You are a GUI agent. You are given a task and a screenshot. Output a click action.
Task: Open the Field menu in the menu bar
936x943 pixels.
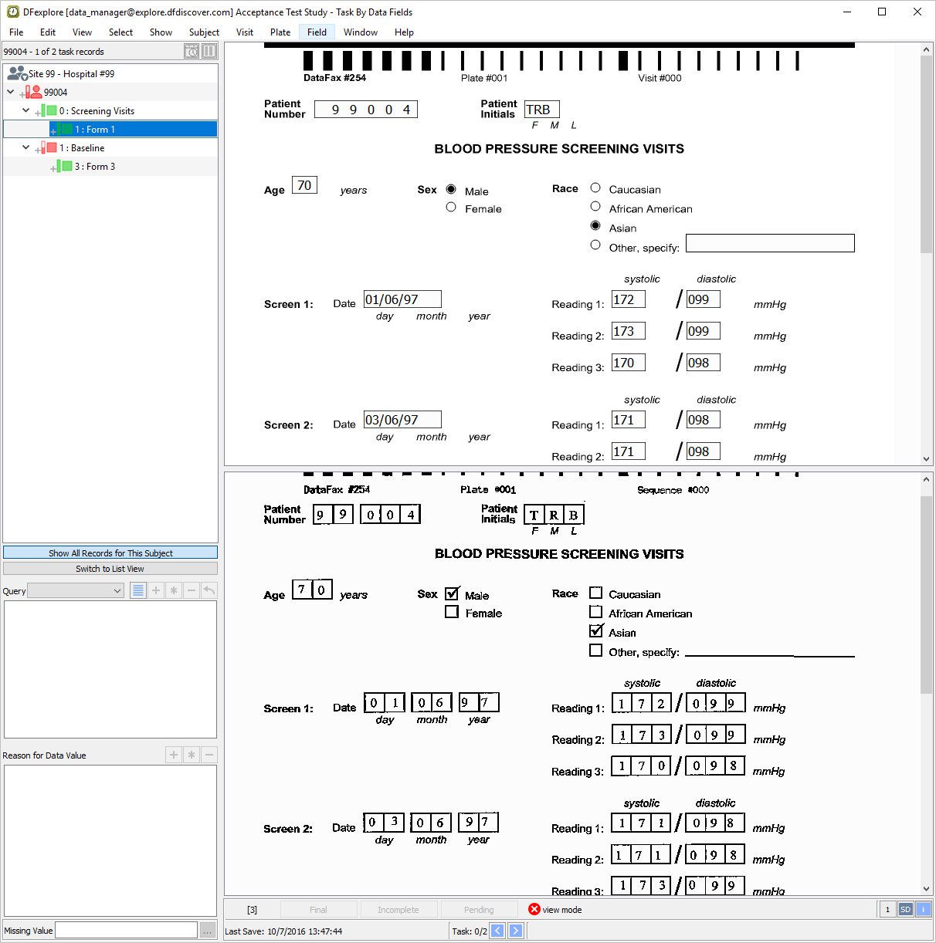pyautogui.click(x=317, y=32)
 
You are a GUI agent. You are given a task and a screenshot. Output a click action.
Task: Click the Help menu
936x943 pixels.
pyautogui.click(x=404, y=32)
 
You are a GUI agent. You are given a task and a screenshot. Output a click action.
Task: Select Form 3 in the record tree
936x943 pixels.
pyautogui.click(x=94, y=167)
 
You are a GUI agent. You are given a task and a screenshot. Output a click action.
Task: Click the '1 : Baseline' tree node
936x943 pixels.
pyautogui.click(x=81, y=148)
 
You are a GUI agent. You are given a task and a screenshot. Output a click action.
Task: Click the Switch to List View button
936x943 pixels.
pyautogui.click(x=110, y=569)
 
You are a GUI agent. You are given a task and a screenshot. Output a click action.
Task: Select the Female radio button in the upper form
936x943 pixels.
pyautogui.click(x=450, y=208)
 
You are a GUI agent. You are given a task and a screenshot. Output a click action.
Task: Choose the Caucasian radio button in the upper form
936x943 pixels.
pyautogui.click(x=595, y=188)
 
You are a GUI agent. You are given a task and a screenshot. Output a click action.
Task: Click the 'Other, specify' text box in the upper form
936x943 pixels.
pyautogui.click(x=769, y=243)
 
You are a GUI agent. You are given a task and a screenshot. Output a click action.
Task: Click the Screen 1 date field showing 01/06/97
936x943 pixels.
pyautogui.click(x=402, y=299)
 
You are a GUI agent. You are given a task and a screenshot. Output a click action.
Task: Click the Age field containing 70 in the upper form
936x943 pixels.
pyautogui.click(x=304, y=185)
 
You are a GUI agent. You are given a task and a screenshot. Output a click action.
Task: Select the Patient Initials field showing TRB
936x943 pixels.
pyautogui.click(x=541, y=110)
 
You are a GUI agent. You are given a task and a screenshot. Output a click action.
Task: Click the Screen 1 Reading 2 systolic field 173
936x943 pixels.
pyautogui.click(x=628, y=331)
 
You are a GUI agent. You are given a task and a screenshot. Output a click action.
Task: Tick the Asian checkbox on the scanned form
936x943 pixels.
pyautogui.click(x=595, y=631)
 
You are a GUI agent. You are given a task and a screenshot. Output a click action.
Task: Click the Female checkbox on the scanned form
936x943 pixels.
pyautogui.click(x=452, y=612)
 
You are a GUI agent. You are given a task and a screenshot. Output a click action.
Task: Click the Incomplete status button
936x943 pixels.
pyautogui.click(x=398, y=910)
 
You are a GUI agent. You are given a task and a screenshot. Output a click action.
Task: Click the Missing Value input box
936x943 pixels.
pyautogui.click(x=127, y=931)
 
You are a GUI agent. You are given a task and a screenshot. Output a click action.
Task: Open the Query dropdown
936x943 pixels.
pyautogui.click(x=76, y=590)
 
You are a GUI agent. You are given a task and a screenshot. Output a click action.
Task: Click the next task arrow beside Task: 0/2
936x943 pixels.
pyautogui.click(x=516, y=931)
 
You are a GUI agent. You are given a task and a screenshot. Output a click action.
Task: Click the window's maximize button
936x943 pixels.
pyautogui.click(x=882, y=12)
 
